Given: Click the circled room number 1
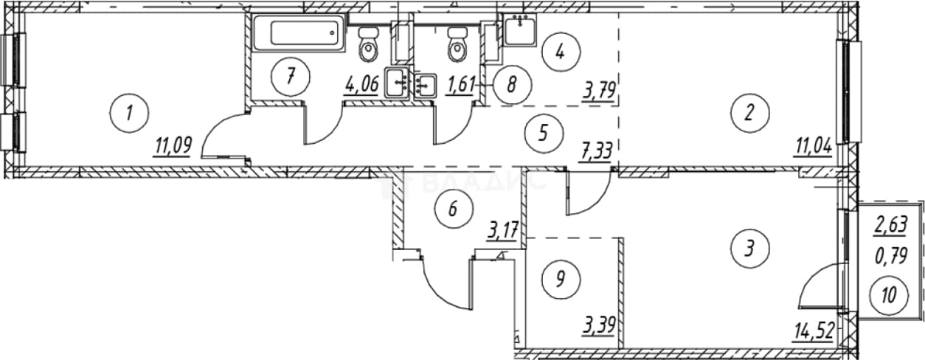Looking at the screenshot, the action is click(129, 113).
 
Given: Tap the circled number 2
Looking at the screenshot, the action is click(750, 113).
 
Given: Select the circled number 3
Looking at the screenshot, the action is click(750, 248).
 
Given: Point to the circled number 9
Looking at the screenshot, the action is click(561, 280).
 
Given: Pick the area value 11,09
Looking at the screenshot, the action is click(173, 147).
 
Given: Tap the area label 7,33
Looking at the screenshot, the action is click(595, 152).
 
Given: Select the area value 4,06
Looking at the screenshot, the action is click(361, 85).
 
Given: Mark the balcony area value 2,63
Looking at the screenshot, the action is click(891, 226).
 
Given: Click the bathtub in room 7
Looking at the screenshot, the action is click(298, 32).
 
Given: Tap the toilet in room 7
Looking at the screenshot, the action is click(368, 45).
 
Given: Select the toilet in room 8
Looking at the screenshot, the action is click(457, 45).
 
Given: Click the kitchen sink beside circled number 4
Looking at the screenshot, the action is click(519, 30).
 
